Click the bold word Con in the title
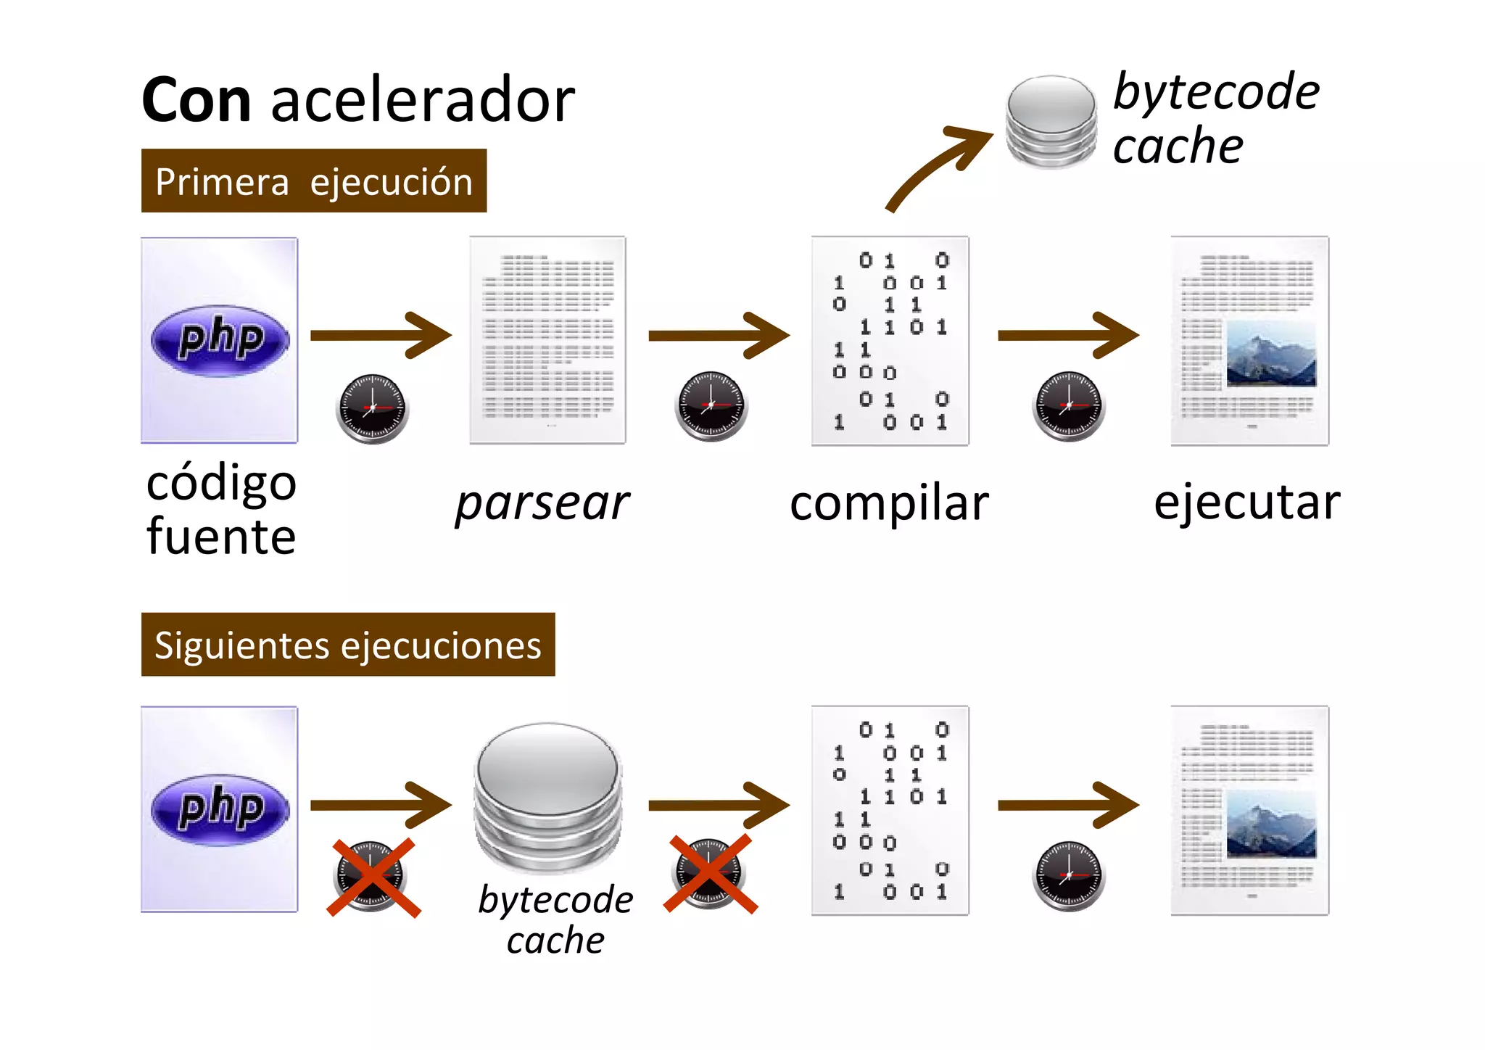coord(197,100)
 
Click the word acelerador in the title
coord(423,100)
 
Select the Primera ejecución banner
coord(313,181)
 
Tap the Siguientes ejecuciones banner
coord(347,645)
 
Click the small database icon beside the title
coord(1051,122)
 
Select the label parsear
coord(542,503)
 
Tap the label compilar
coord(889,503)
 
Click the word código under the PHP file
coord(221,483)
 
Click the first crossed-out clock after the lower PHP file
coord(372,877)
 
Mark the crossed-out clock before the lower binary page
coord(710,874)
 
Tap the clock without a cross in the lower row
coord(1068,875)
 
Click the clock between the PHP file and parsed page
coord(372,408)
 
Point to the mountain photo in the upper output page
coord(1270,354)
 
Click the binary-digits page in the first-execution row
coord(890,340)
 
